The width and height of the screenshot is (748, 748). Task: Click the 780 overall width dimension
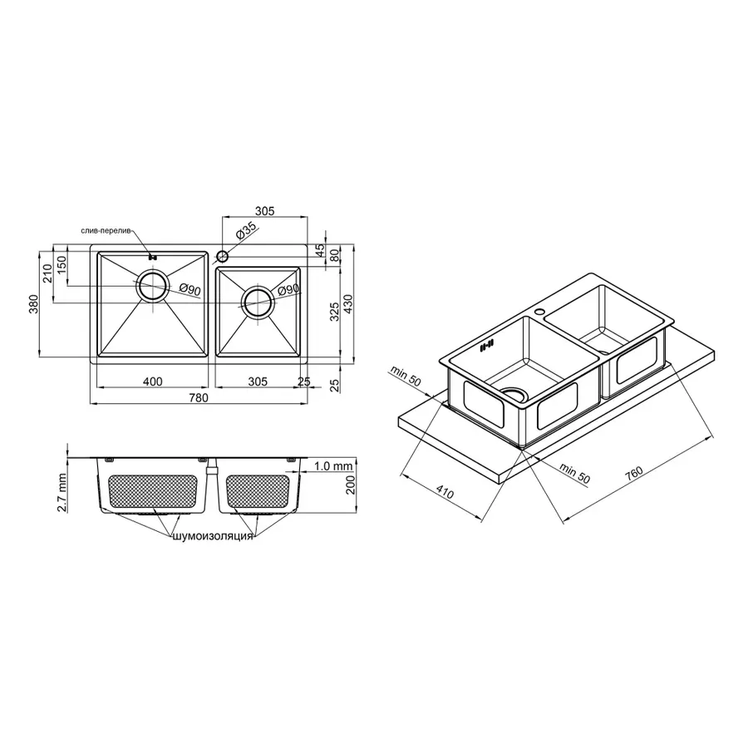click(198, 398)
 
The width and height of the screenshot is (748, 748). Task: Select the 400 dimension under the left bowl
click(152, 381)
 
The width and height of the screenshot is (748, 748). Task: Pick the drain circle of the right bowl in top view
click(257, 303)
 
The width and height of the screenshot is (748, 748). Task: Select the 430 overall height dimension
click(350, 304)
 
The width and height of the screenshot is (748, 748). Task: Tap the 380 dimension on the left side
click(34, 305)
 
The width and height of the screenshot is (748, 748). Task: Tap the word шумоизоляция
click(212, 537)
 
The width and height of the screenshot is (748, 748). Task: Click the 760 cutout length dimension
click(634, 475)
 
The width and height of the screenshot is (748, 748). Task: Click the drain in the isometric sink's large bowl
click(513, 393)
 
